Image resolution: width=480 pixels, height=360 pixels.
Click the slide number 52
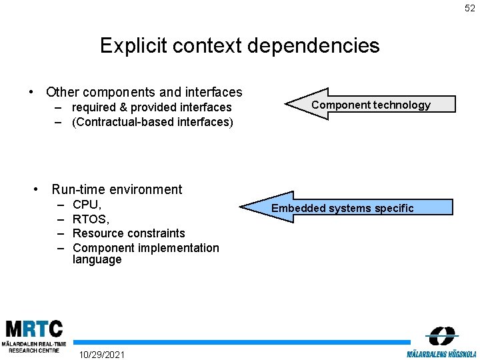point(470,9)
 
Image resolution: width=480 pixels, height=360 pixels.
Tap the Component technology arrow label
point(371,105)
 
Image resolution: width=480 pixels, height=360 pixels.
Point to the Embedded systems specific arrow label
point(342,209)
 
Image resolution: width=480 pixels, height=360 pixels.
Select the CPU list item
point(87,205)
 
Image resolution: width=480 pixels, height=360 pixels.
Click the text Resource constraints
point(129,233)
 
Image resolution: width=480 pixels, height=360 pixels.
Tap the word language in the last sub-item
point(97,260)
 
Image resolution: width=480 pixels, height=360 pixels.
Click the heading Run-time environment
point(116,189)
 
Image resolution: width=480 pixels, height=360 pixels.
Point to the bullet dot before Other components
point(31,93)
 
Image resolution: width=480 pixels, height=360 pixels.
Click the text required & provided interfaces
point(151,107)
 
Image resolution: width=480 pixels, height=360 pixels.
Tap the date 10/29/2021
point(101,353)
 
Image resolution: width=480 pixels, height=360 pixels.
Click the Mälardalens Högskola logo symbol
point(442,335)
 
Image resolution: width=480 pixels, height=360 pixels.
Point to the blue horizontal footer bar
point(243,342)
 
